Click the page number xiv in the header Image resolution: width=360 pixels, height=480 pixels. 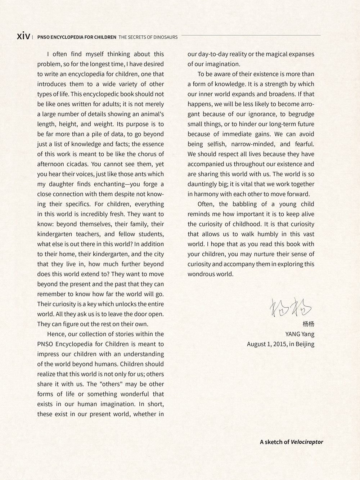pos(23,36)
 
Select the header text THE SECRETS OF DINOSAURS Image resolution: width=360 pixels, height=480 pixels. pos(148,37)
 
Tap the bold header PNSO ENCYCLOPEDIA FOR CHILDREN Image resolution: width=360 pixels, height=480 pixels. pos(77,37)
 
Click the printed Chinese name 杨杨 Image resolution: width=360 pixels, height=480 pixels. pos(309,324)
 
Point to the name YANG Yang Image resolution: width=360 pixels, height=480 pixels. pos(300,334)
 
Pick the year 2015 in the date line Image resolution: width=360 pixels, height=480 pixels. pos(280,344)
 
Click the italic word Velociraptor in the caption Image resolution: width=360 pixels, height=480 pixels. pos(307,442)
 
